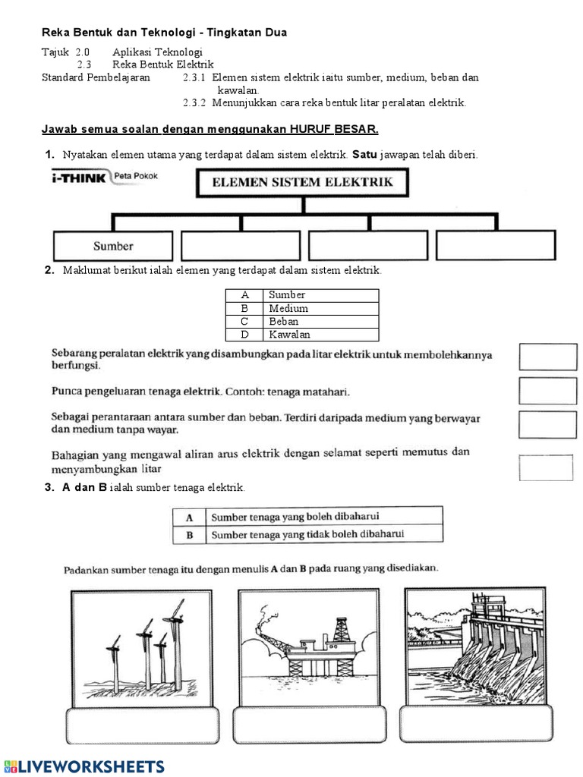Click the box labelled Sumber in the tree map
(113, 246)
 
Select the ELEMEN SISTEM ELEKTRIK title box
(303, 182)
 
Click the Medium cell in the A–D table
(320, 308)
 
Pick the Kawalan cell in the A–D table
(320, 334)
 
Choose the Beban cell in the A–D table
(320, 321)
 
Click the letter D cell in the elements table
(244, 334)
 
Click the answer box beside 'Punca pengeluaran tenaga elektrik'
(547, 390)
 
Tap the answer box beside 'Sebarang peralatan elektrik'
(547, 357)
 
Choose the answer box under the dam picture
(474, 725)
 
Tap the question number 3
(49, 487)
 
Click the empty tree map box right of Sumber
(241, 246)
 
